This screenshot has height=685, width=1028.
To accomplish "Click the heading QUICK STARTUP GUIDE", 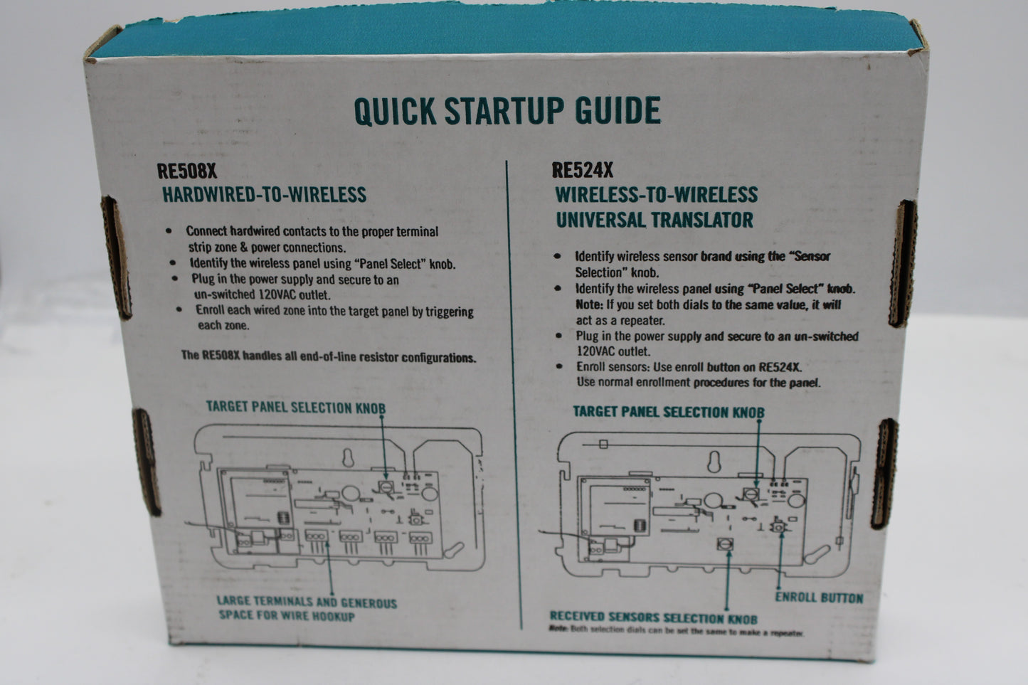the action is [507, 110].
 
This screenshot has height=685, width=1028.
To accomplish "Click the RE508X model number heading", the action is [187, 171].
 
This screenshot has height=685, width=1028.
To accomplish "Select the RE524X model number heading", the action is [583, 170].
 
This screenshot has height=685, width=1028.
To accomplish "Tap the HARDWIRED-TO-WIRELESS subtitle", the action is [265, 194].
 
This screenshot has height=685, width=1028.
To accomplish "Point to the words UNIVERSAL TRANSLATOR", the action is [655, 220].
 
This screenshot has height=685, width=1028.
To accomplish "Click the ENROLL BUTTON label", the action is [819, 598].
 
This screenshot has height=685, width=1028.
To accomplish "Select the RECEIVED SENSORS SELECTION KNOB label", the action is [654, 617].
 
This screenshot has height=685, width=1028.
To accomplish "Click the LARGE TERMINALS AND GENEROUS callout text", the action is [307, 602].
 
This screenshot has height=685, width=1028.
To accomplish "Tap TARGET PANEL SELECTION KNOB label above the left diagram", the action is [295, 408].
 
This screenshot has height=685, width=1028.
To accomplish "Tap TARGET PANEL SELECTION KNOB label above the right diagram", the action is [669, 412].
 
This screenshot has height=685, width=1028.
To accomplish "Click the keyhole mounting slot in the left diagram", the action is [348, 457].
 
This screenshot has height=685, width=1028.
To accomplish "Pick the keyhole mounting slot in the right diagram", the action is [714, 461].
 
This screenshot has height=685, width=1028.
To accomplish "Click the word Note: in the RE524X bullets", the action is [589, 304].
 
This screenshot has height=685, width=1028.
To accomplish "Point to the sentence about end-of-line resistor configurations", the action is [329, 356].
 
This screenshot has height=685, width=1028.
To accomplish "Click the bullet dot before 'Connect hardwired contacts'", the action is [169, 230].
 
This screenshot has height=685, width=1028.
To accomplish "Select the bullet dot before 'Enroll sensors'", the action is [559, 366].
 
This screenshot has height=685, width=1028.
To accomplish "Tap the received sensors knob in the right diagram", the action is [725, 544].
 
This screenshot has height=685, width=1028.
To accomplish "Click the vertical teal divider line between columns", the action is [514, 395].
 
